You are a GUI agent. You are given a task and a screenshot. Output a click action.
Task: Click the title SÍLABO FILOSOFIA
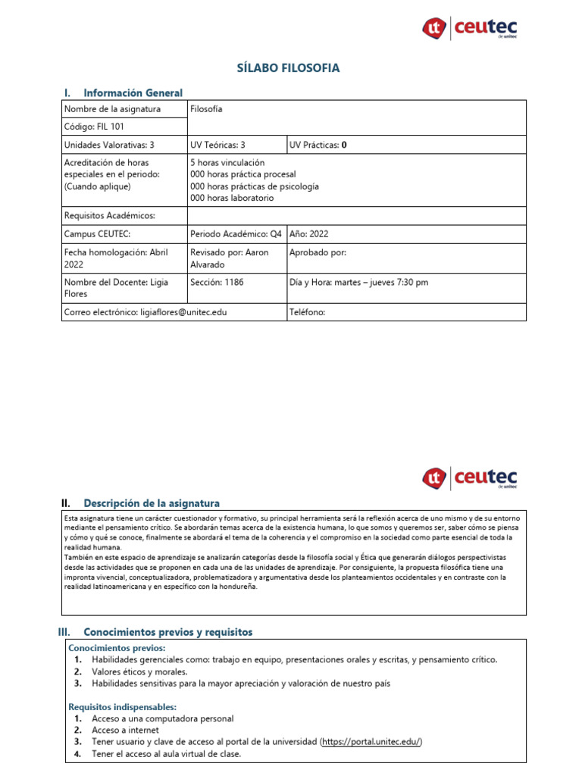tap(289, 68)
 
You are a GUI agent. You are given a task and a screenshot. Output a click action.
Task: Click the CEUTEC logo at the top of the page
tap(470, 29)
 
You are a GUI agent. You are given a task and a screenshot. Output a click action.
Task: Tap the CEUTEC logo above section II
tap(470, 477)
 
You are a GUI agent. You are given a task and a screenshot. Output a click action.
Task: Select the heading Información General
tap(133, 92)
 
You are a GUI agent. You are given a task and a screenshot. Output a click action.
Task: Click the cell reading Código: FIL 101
tap(95, 127)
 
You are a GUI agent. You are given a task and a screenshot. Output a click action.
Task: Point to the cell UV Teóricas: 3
tap(217, 145)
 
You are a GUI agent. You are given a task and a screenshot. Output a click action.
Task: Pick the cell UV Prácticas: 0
tap(318, 145)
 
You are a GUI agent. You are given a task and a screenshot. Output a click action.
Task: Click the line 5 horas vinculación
tap(227, 163)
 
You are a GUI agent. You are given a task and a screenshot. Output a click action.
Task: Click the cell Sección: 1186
tap(217, 282)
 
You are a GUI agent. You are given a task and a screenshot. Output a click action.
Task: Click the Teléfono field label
tap(307, 311)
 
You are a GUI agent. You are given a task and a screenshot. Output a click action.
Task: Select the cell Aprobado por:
tap(318, 252)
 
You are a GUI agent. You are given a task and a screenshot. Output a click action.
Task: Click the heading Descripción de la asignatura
tap(152, 502)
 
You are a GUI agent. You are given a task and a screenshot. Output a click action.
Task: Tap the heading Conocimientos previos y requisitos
tap(168, 631)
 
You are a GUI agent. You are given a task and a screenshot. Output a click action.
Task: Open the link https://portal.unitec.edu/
tap(371, 741)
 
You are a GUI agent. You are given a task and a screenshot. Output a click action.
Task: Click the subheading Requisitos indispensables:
tap(122, 706)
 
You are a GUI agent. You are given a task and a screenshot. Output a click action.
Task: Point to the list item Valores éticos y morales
tap(139, 671)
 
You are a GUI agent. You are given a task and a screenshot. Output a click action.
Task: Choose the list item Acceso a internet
tap(126, 730)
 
